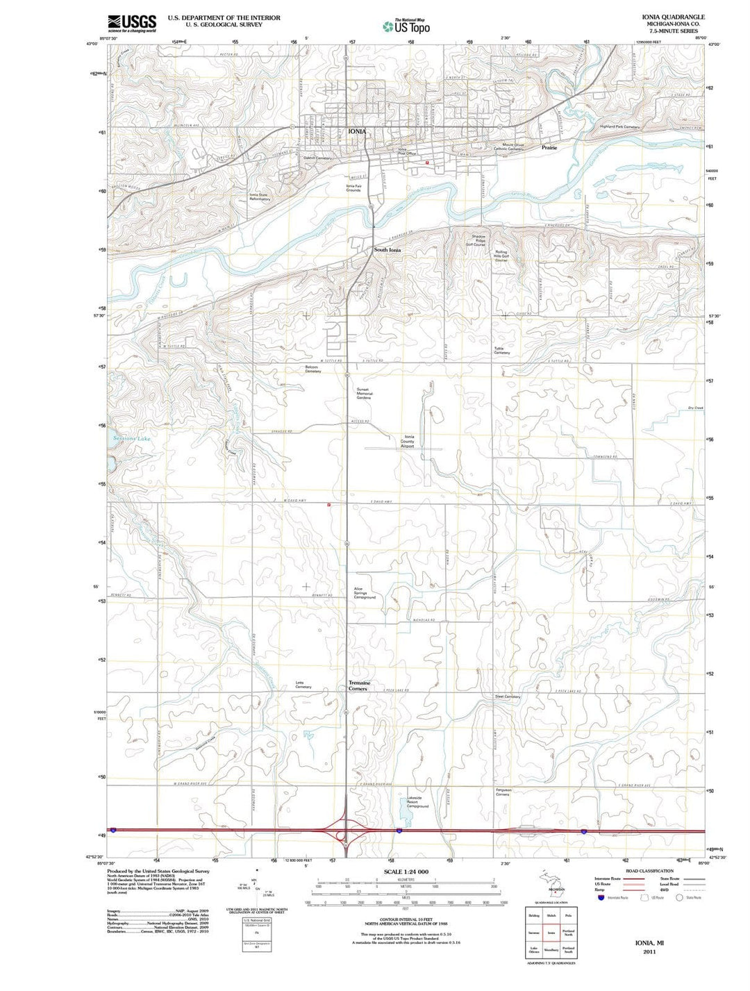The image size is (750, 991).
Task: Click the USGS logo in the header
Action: click(132, 24)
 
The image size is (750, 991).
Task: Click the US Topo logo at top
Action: click(406, 26)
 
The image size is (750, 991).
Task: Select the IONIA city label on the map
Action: click(357, 131)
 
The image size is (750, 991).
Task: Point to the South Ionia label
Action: click(387, 250)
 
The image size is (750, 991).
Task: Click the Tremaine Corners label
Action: click(359, 685)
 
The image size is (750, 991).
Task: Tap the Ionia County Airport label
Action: click(408, 442)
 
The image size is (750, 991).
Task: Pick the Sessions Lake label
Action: click(132, 439)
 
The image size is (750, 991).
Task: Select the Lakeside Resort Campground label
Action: click(417, 802)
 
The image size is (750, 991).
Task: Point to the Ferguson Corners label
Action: click(503, 792)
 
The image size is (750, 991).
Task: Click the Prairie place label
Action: click(549, 148)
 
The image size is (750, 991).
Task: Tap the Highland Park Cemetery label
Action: click(619, 127)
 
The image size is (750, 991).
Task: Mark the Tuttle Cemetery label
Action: click(502, 351)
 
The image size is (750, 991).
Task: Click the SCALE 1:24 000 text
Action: click(406, 872)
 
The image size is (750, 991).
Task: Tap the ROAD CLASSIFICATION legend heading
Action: click(649, 871)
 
